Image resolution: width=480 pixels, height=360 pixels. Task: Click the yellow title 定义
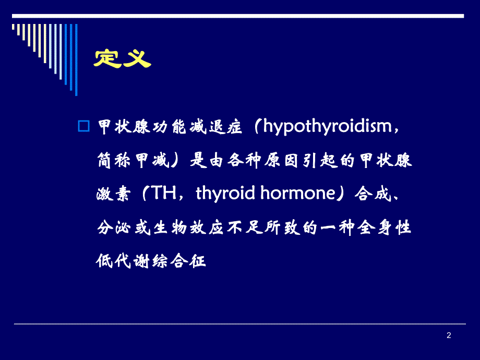click(x=122, y=57)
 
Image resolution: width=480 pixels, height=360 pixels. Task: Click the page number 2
click(x=449, y=335)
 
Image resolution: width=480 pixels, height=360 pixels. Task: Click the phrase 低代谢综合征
click(x=151, y=260)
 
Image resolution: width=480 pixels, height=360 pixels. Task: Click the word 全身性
click(x=387, y=227)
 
